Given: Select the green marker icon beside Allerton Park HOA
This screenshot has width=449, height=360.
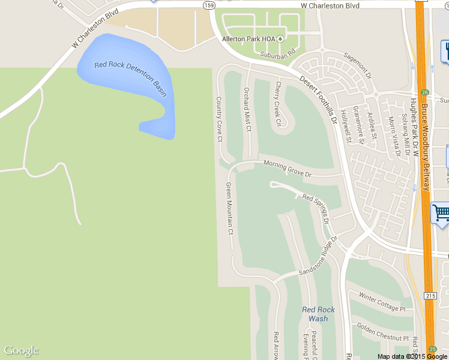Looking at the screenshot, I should (280, 39).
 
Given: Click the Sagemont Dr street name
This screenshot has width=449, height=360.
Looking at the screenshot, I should (358, 65).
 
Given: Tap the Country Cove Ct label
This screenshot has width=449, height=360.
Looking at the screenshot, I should (219, 119).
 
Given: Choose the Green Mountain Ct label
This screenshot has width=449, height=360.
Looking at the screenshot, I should (229, 208).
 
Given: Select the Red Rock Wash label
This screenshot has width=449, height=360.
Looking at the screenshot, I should (318, 314).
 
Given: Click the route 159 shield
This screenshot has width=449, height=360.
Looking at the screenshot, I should (209, 5).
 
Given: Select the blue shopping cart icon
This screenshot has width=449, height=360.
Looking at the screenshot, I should (441, 212).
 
